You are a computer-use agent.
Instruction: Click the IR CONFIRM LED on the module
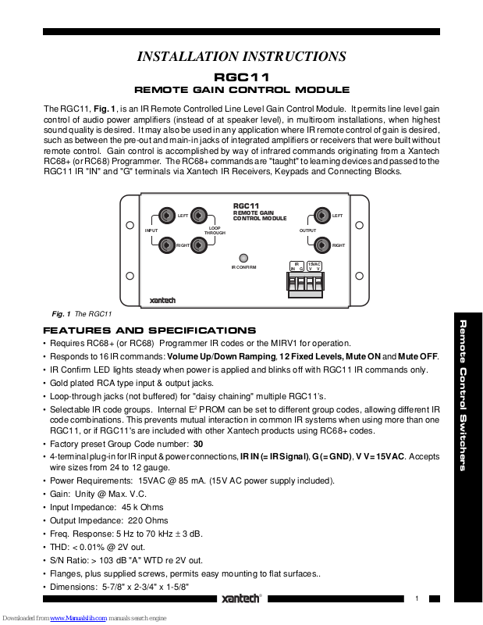tap(243, 258)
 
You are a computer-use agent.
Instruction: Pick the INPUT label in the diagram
tap(152, 230)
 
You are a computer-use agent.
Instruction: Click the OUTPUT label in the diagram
tap(308, 230)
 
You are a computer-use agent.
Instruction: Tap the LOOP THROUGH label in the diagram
tap(215, 230)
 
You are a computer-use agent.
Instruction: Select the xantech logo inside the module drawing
tap(163, 300)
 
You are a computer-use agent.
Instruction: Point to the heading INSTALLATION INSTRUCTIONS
tap(241, 56)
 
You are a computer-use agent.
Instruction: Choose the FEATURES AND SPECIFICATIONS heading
tap(149, 330)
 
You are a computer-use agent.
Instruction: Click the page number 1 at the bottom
tap(417, 598)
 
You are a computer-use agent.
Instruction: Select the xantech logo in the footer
tap(240, 599)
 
